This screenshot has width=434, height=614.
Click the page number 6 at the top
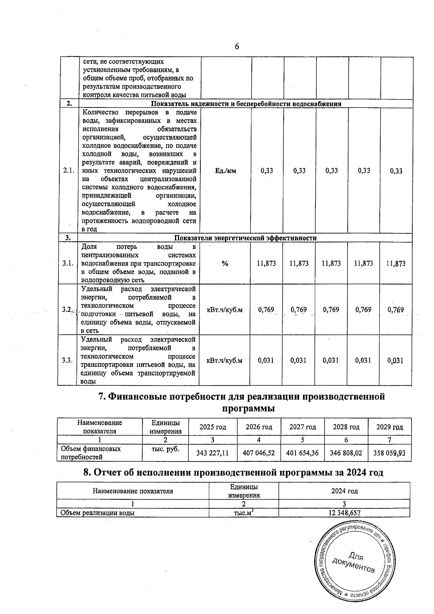click(237, 46)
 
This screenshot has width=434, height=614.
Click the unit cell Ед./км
click(225, 171)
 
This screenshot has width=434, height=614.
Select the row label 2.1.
click(68, 171)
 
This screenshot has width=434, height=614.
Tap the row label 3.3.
click(67, 360)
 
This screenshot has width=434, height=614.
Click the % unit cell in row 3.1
click(225, 264)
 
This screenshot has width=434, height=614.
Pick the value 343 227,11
click(212, 453)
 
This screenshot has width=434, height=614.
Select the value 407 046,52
click(259, 453)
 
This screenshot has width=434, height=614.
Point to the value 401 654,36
click(302, 453)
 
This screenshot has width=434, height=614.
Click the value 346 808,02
click(346, 453)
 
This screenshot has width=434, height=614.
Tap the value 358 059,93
click(390, 453)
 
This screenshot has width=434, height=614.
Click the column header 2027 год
click(302, 427)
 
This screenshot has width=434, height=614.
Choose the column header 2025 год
click(213, 427)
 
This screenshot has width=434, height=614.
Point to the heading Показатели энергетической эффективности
click(245, 238)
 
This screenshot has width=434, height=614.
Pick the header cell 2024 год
click(344, 491)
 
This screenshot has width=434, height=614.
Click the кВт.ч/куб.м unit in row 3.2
click(224, 310)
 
